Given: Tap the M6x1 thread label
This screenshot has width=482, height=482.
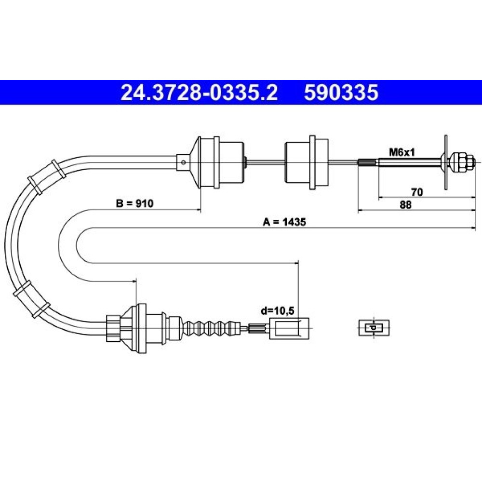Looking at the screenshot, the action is coord(402,152).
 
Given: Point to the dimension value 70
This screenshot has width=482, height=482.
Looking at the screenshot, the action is coord(417,192).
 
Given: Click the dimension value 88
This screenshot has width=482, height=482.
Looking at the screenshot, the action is coord(405,205).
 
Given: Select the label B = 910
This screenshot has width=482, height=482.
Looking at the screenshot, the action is coord(134,203).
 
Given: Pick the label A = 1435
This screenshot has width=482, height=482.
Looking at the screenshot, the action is coord(284,222).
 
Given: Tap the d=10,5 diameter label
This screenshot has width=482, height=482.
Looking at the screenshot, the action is coord(278,311).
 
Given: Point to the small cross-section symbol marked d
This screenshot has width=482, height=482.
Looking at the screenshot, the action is coord(374,328).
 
